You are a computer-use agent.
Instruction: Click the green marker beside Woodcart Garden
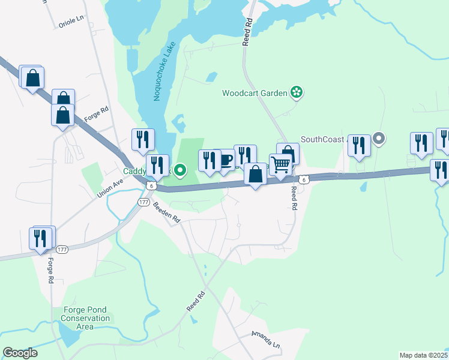[x=296, y=92]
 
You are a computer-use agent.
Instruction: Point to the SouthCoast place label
[x=324, y=139]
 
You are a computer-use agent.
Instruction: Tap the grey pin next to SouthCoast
[x=378, y=139]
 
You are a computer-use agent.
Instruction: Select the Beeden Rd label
[x=167, y=212]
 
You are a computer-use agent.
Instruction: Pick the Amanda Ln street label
[x=266, y=340]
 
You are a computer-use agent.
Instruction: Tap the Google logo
[x=20, y=353]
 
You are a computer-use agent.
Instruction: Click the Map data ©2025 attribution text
[x=423, y=355]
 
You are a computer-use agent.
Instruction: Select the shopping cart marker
[x=280, y=164]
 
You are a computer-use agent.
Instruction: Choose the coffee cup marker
[x=225, y=160]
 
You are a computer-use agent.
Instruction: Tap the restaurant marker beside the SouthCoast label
[x=359, y=145]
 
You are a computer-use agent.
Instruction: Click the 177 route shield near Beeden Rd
[x=143, y=203]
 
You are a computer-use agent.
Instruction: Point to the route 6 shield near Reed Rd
[x=305, y=179]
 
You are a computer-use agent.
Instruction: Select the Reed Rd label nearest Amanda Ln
[x=196, y=301]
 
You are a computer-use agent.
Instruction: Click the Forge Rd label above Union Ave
[x=97, y=115]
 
